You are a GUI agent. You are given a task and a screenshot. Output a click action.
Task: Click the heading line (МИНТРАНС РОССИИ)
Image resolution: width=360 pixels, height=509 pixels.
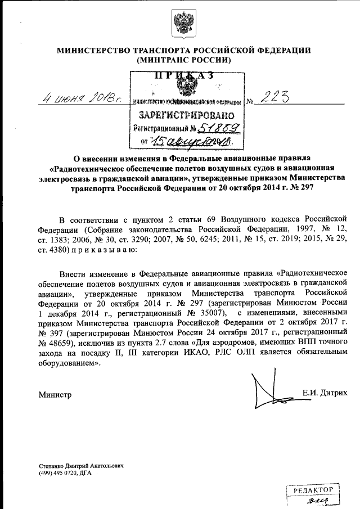(x=183, y=60)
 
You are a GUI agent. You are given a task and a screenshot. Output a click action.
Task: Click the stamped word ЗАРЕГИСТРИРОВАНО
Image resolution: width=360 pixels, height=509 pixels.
(x=186, y=116)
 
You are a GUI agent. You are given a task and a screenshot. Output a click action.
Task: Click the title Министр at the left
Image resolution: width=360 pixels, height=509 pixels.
(x=55, y=395)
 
